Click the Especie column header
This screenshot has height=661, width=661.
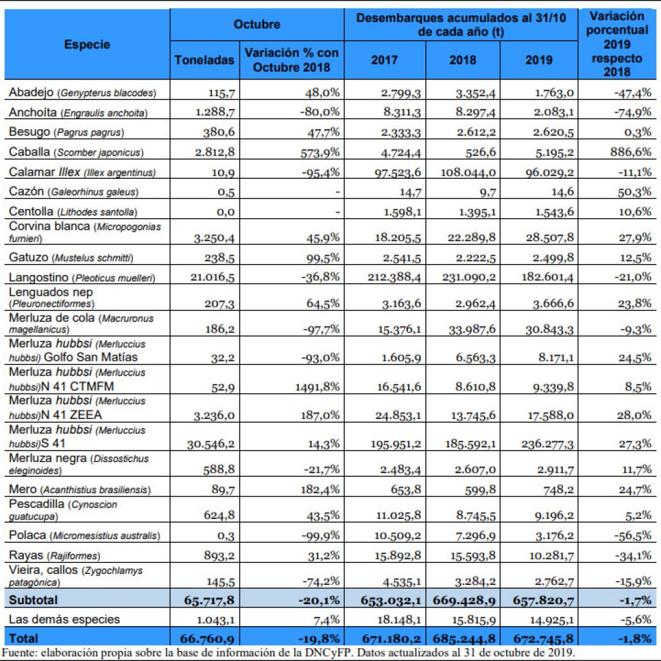tap(87, 45)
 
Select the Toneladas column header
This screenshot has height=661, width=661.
tap(205, 60)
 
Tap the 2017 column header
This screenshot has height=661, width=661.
tap(384, 60)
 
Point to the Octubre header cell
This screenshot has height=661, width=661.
tap(257, 24)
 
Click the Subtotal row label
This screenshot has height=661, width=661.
tap(33, 600)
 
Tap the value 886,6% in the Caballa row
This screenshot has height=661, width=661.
tap(631, 152)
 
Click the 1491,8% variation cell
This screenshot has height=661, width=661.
tap(318, 387)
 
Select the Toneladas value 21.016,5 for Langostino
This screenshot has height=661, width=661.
tap(212, 277)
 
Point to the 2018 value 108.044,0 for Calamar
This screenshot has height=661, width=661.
tap(468, 172)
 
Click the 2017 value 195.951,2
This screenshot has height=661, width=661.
tap(396, 443)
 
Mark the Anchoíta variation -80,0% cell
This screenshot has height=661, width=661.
tap(320, 112)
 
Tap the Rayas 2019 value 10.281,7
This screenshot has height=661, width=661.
tap(551, 555)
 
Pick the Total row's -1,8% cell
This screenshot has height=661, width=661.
tap(635, 638)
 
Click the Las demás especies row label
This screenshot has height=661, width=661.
tap(64, 619)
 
